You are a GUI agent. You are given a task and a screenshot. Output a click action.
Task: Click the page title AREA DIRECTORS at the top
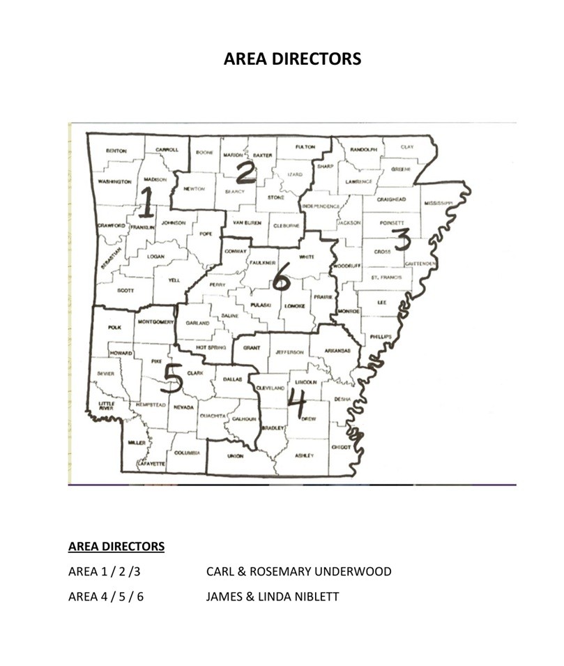(292, 59)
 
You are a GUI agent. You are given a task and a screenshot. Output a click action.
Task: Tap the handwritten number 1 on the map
(147, 202)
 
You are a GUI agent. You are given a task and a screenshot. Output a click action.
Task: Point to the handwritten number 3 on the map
(402, 239)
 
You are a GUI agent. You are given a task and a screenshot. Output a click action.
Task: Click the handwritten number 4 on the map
(296, 400)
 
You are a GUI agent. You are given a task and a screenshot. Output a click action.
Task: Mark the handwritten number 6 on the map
(280, 280)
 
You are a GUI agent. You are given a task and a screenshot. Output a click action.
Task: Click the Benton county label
(116, 151)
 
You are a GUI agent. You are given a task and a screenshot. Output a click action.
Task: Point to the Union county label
(236, 456)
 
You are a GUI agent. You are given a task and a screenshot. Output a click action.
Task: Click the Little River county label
(107, 406)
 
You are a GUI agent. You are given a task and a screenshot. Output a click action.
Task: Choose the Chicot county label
(341, 447)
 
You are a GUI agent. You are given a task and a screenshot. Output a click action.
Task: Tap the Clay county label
(407, 148)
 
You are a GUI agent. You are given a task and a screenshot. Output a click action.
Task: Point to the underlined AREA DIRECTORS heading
(116, 546)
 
